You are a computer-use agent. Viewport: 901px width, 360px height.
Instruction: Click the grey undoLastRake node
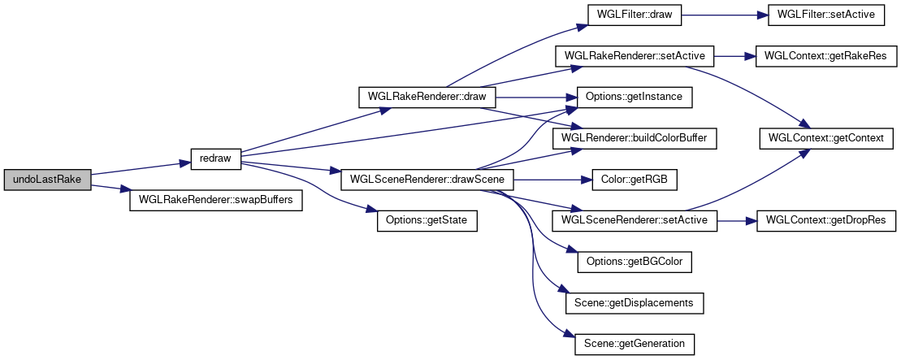(47, 179)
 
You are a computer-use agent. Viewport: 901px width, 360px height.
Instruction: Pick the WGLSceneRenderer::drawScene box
(427, 179)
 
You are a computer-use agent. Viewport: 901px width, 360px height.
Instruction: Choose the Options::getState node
(426, 220)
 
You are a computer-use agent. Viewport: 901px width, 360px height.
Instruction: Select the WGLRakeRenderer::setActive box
(634, 56)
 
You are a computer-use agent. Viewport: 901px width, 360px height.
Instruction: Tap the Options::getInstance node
(634, 97)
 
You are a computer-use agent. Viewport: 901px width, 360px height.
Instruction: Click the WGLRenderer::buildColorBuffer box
(634, 138)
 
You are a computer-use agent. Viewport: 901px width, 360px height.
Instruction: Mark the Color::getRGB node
(634, 179)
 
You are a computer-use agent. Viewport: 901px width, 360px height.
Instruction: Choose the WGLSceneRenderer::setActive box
(634, 220)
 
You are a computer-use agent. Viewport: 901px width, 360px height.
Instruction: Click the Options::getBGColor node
(634, 262)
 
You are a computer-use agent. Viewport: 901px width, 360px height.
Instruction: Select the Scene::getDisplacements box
(634, 302)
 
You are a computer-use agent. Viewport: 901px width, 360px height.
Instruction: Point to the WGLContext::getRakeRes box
(826, 56)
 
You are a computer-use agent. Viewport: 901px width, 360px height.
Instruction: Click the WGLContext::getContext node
(826, 138)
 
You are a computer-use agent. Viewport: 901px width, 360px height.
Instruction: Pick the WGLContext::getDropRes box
(826, 220)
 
